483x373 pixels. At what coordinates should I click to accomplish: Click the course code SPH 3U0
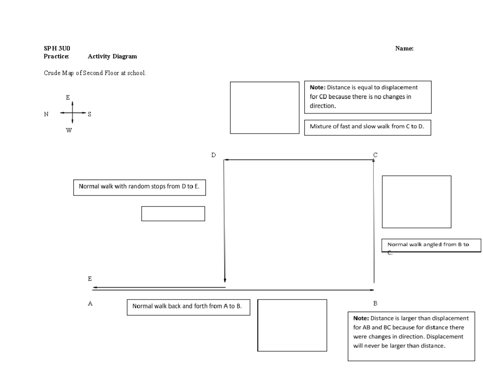(57, 49)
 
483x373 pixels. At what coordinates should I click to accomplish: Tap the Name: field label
(404, 49)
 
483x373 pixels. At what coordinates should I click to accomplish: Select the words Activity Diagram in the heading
(112, 56)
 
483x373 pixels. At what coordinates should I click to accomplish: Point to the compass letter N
(46, 114)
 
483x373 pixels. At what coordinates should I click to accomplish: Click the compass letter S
(89, 114)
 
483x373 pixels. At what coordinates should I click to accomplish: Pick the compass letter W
(69, 130)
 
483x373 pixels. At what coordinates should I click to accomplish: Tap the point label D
(214, 155)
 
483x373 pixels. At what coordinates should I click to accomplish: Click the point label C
(375, 155)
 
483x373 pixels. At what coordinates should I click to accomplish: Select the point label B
(375, 303)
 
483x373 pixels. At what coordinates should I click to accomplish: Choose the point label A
(90, 303)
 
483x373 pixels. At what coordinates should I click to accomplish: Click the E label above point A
(90, 278)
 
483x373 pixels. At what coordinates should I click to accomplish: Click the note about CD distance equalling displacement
(367, 97)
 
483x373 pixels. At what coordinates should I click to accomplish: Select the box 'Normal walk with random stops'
(139, 187)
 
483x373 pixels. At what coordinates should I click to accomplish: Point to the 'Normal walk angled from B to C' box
(431, 245)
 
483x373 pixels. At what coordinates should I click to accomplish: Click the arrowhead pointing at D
(226, 160)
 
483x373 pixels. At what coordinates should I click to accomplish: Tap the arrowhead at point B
(372, 290)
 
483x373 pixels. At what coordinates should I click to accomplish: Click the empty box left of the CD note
(264, 107)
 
